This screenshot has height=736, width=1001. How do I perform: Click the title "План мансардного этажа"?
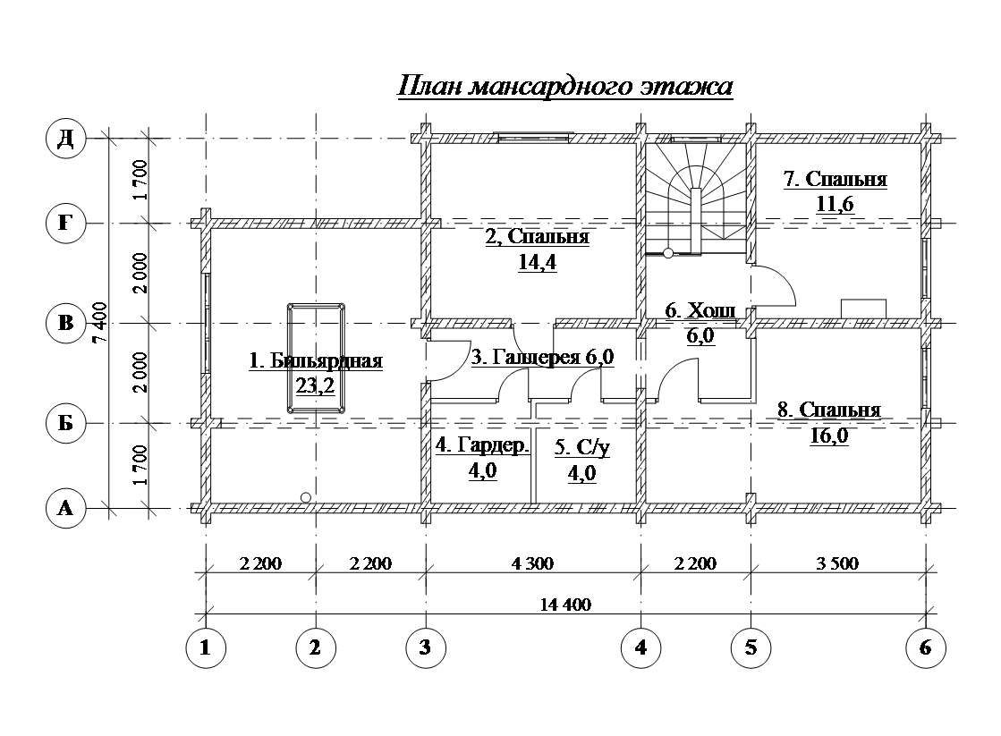[565, 86]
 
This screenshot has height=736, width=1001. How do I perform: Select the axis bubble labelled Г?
[66, 223]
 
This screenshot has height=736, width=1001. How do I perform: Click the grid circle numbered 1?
[205, 647]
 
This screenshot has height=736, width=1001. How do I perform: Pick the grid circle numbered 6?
[926, 647]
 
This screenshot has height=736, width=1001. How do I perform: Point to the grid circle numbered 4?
[641, 647]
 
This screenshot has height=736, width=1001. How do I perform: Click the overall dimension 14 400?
[565, 604]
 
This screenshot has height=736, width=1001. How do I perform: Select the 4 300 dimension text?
[533, 563]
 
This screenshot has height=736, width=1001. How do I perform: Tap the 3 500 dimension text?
[837, 563]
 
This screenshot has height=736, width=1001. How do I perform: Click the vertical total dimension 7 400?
[100, 322]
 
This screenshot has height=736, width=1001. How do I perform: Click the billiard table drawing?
[316, 358]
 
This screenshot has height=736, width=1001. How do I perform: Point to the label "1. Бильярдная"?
[316, 360]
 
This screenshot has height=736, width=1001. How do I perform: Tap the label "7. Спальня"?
[835, 179]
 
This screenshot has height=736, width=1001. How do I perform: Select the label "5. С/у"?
[581, 447]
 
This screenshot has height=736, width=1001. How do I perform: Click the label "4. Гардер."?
[483, 445]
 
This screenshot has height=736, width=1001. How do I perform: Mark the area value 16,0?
[828, 436]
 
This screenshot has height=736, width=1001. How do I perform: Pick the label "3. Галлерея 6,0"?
[543, 357]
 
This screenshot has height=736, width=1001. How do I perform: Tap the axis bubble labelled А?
[66, 509]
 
